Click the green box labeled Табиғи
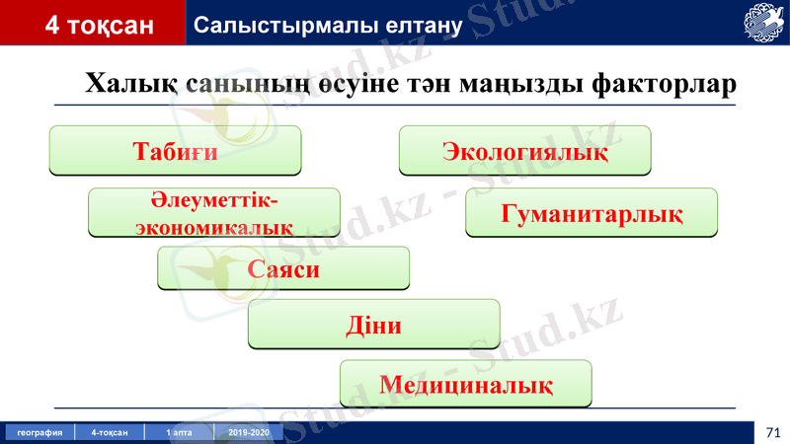click(175, 151)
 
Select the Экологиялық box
click(524, 151)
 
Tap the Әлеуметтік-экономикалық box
click(214, 213)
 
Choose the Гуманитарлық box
click(592, 213)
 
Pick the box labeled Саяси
click(283, 268)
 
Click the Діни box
click(373, 325)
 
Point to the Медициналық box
click(465, 384)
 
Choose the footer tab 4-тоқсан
click(110, 433)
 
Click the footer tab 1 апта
click(179, 433)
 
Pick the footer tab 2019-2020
click(248, 433)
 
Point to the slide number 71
click(771, 432)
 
